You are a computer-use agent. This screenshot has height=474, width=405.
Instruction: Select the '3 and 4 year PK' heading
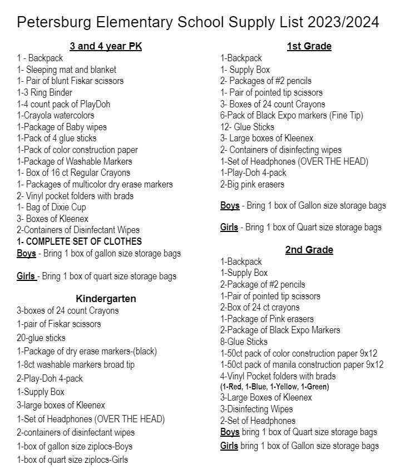tap(106, 46)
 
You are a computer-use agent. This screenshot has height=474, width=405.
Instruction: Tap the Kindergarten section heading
tap(106, 299)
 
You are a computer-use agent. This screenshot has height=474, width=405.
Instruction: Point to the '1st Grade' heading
tap(309, 46)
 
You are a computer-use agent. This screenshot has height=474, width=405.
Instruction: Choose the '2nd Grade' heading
tap(309, 250)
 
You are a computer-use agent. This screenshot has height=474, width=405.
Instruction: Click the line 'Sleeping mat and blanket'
tap(67, 70)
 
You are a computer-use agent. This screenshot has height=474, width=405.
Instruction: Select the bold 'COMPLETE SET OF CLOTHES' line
tap(79, 241)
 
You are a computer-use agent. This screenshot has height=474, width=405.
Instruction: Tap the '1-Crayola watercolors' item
tap(56, 115)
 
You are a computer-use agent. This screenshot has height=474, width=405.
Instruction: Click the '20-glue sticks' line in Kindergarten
tap(41, 338)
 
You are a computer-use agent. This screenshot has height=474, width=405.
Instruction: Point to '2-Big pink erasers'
tap(252, 184)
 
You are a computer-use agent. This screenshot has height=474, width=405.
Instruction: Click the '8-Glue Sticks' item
tap(244, 342)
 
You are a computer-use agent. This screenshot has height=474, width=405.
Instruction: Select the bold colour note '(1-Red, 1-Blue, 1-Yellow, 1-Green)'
tap(274, 387)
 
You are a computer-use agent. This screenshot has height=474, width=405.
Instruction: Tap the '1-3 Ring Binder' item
tap(45, 92)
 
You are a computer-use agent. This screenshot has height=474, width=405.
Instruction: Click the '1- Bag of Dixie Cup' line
tap(51, 207)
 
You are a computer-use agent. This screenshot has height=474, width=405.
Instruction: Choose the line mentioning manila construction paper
tap(302, 364)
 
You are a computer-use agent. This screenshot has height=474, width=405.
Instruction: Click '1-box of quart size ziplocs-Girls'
tap(72, 460)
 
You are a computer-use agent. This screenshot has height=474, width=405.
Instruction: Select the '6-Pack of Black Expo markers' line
tap(292, 115)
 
